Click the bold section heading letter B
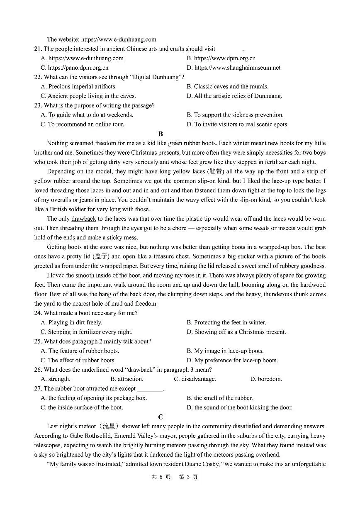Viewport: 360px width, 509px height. pos(161,134)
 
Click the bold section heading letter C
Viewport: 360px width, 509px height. pos(161,417)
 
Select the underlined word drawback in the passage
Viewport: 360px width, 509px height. pos(83,219)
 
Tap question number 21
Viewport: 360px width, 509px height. pos(38,49)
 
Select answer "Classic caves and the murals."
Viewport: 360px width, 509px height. pos(228,87)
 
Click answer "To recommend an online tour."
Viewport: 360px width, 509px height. pos(83,124)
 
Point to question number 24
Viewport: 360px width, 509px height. pos(38,313)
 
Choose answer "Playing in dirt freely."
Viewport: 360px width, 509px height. pos(71,322)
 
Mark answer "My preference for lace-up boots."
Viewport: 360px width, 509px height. pos(232,360)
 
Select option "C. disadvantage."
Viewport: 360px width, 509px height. pos(195,379)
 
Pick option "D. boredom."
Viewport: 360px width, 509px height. pos(266,379)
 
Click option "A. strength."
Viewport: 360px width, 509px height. pos(56,379)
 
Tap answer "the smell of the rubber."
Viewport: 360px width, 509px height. pos(220,398)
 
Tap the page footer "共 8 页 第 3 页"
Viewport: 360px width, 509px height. pos(175,477)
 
